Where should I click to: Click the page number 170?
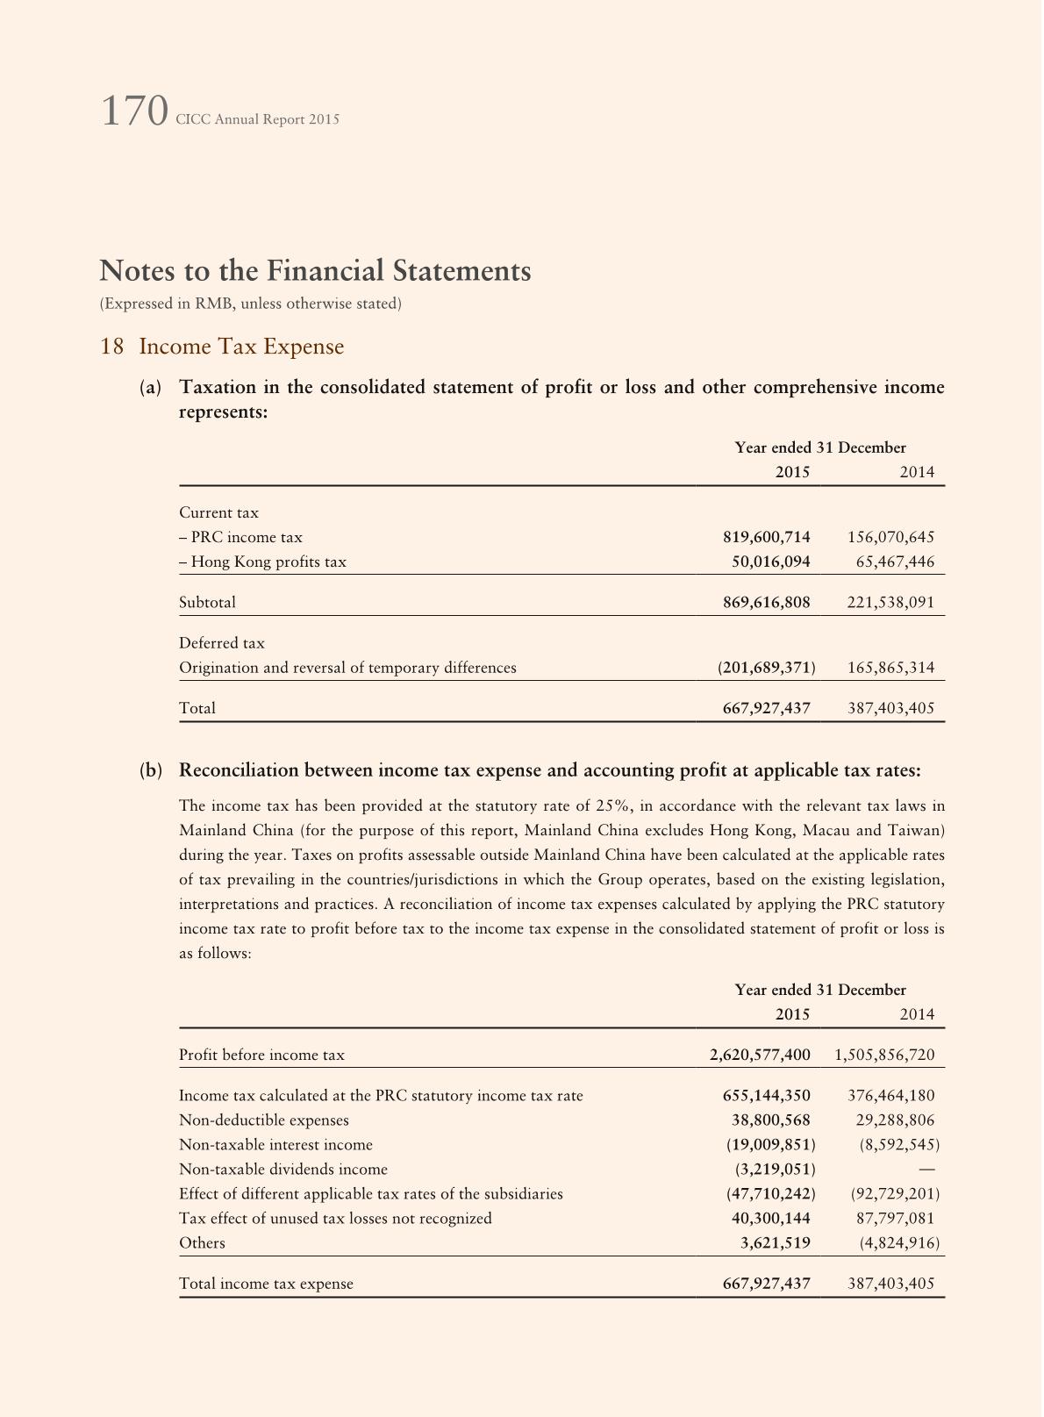pos(134,112)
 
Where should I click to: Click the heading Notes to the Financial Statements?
pos(315,270)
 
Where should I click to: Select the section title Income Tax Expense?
pos(241,347)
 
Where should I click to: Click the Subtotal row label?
pos(207,603)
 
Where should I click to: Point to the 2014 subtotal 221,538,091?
pos(890,603)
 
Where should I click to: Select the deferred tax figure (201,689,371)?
pos(766,668)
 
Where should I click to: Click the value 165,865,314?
pos(890,668)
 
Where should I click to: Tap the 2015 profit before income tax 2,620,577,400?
pos(760,1055)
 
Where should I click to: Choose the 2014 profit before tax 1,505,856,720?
pos(885,1055)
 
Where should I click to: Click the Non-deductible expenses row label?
pos(263,1120)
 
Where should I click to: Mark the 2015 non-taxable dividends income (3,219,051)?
pos(775,1170)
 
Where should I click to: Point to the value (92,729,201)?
pos(895,1194)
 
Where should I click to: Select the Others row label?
pos(202,1243)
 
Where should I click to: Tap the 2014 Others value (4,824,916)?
pos(895,1243)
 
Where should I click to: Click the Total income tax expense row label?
pos(266,1284)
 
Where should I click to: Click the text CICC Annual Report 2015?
pos(257,119)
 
